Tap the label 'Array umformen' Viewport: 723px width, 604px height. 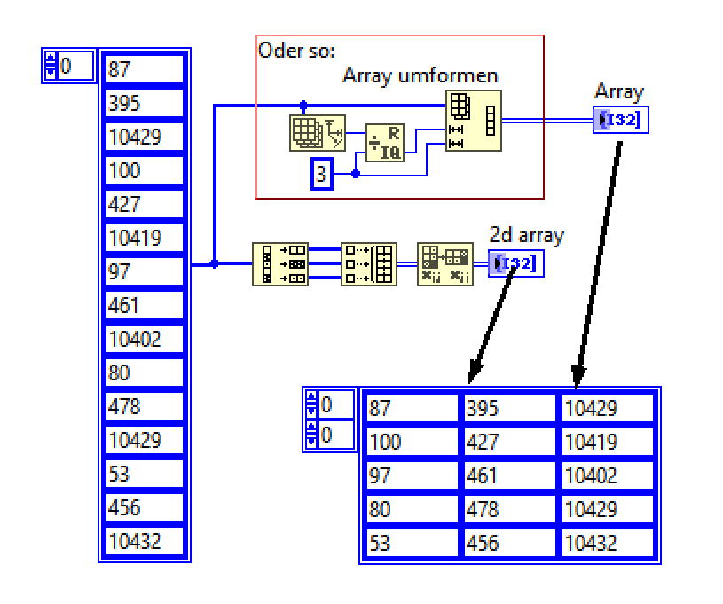pos(420,75)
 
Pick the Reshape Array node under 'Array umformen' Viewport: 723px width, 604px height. pos(473,121)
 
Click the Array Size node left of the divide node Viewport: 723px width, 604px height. pos(318,132)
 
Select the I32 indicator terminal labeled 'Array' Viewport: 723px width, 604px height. pos(621,119)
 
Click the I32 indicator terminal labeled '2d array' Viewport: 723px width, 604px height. pos(512,263)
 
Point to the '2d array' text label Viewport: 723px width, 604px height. pos(527,236)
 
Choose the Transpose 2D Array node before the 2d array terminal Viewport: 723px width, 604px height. pos(445,263)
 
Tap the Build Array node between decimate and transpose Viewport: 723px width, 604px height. pos(369,263)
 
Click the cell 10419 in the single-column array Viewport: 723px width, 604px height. pos(145,238)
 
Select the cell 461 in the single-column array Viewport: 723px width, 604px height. pos(145,305)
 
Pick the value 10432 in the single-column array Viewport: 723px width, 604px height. pos(145,541)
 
